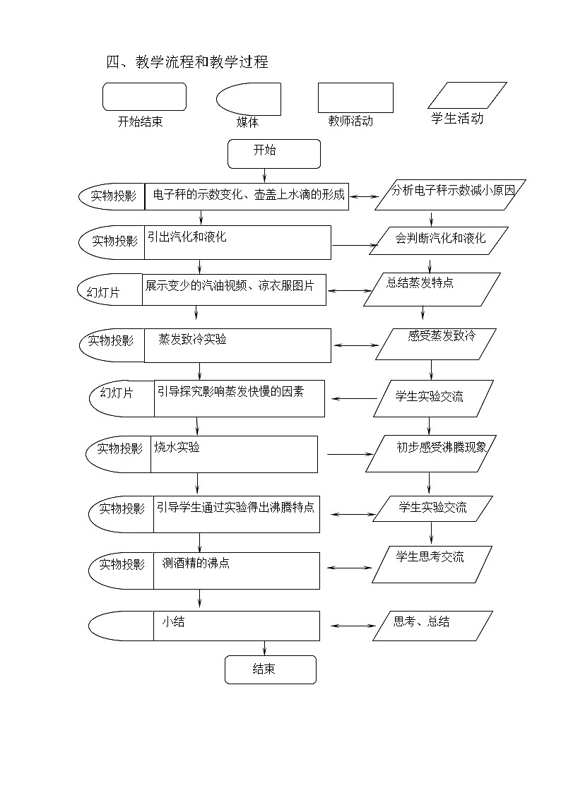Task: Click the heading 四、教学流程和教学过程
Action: pyautogui.click(x=187, y=62)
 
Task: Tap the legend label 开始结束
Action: pyautogui.click(x=141, y=121)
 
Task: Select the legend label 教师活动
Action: pyautogui.click(x=350, y=121)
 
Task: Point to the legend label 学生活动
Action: pyautogui.click(x=457, y=119)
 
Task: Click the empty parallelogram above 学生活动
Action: pyautogui.click(x=467, y=95)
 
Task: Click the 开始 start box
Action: pyautogui.click(x=273, y=153)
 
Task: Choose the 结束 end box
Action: pyautogui.click(x=270, y=669)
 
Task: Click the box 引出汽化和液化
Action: pyautogui.click(x=237, y=242)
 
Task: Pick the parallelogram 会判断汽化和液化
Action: pyautogui.click(x=441, y=239)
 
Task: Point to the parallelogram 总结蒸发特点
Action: pyautogui.click(x=432, y=290)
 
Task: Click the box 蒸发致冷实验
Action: pyautogui.click(x=237, y=345)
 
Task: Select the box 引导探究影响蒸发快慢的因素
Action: pyautogui.click(x=240, y=399)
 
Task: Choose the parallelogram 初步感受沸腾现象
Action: pyautogui.click(x=432, y=453)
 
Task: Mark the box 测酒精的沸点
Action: pyautogui.click(x=236, y=571)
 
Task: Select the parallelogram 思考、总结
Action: pyautogui.click(x=432, y=626)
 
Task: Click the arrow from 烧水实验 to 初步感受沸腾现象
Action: pyautogui.click(x=349, y=454)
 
